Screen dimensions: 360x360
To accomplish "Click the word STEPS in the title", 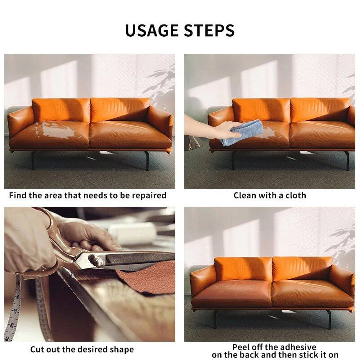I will point(209,30).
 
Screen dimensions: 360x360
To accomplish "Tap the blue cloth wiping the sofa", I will point(243,132).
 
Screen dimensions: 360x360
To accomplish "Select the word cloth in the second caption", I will point(295,195).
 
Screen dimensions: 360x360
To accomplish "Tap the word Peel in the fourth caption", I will point(242,347).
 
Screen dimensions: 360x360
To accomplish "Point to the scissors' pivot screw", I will point(94,260).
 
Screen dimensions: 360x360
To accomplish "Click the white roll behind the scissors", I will point(133,232).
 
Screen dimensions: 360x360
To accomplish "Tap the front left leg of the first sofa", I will point(33,160).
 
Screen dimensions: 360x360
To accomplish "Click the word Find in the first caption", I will point(18,195).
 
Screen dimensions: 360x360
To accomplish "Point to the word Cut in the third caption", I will point(38,349).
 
